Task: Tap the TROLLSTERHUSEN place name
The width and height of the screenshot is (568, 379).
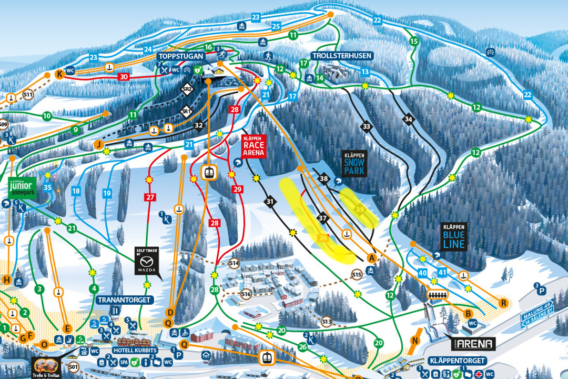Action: pyautogui.click(x=342, y=55)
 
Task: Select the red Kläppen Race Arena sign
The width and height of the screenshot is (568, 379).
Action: pyautogui.click(x=254, y=147)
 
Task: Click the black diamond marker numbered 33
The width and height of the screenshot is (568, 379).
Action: pyautogui.click(x=366, y=126)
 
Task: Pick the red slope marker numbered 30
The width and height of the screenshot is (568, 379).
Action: pyautogui.click(x=123, y=77)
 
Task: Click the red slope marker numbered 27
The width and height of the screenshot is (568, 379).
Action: pyautogui.click(x=150, y=197)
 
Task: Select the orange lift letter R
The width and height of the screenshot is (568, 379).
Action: pyautogui.click(x=503, y=303)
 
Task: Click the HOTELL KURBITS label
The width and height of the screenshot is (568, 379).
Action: pyautogui.click(x=136, y=350)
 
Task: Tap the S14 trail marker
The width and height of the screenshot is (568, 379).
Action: pyautogui.click(x=235, y=263)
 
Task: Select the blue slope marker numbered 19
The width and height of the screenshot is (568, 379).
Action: pyautogui.click(x=107, y=194)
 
